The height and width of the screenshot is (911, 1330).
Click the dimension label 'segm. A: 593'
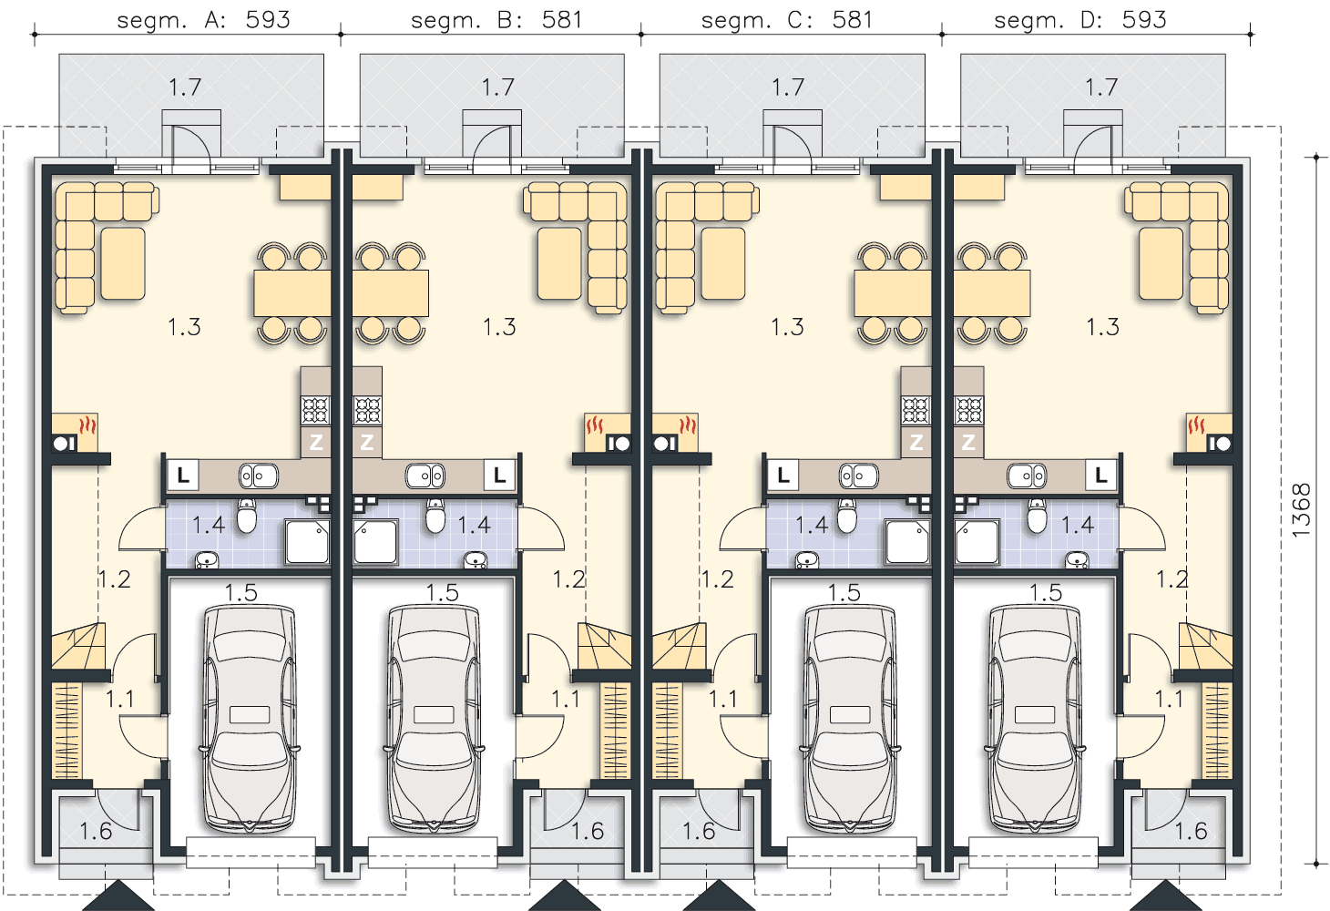[x=204, y=20]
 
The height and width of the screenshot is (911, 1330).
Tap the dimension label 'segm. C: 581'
[x=787, y=20]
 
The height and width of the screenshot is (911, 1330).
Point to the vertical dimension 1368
[x=1301, y=510]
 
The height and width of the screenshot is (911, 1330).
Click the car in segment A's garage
[x=250, y=717]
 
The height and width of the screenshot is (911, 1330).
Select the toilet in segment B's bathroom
[x=435, y=516]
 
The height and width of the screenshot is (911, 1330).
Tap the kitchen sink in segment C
[x=858, y=476]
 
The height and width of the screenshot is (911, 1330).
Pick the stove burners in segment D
[x=969, y=410]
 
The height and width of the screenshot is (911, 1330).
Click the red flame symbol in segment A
[x=87, y=425]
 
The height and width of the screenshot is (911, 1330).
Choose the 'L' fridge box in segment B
[x=500, y=476]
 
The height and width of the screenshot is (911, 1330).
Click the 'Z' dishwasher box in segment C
[x=916, y=442]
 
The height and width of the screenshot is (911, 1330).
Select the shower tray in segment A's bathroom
[x=307, y=541]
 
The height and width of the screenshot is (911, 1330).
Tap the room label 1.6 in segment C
[x=698, y=832]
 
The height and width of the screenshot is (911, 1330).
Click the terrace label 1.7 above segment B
[x=497, y=87]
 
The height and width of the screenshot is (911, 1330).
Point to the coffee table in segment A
[x=123, y=263]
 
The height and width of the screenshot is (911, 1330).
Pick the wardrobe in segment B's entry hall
[x=615, y=731]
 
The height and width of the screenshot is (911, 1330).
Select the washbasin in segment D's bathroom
[x=1077, y=559]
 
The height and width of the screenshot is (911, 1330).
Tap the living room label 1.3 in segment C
[x=787, y=327]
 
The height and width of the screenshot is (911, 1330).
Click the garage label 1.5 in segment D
[x=1046, y=593]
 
